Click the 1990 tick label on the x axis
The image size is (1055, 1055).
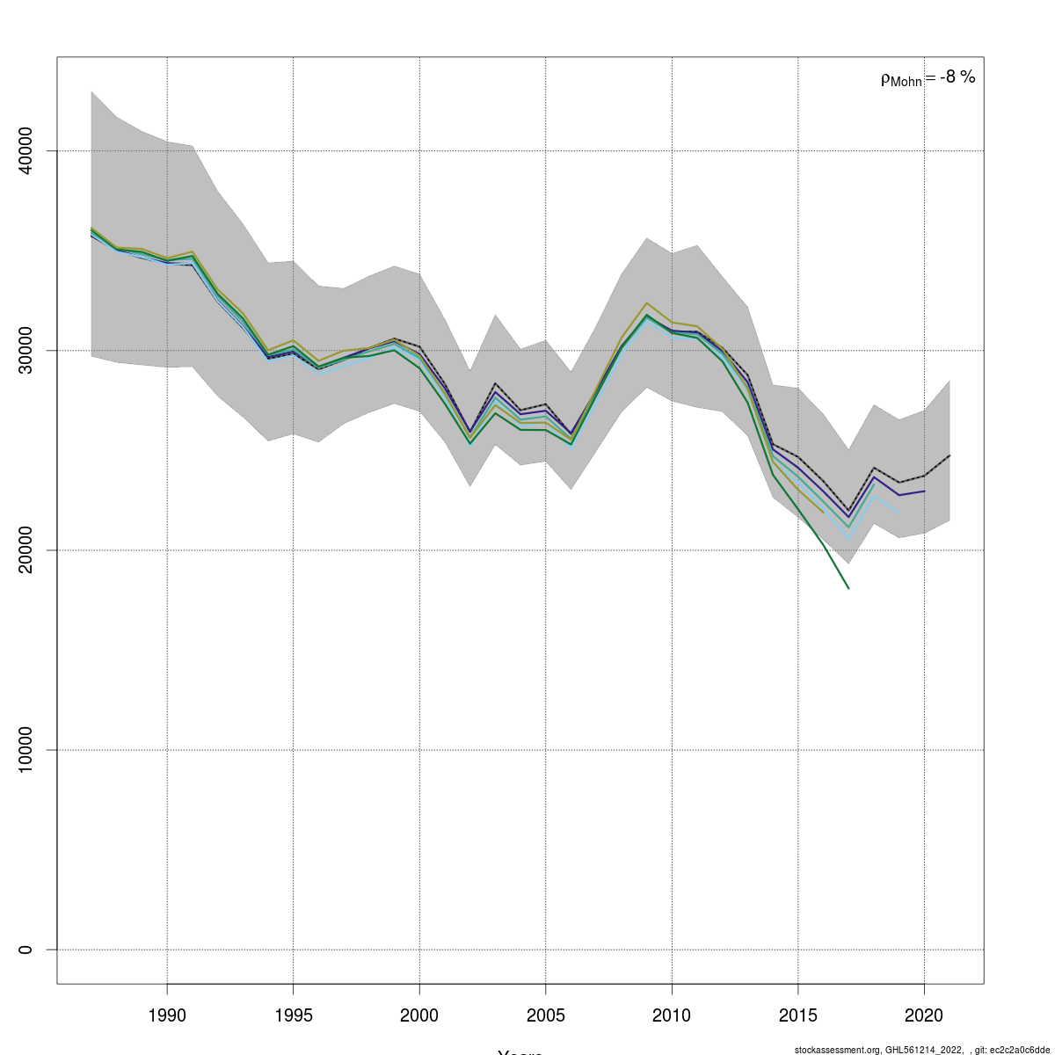167,1015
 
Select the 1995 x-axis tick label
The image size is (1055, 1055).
293,1015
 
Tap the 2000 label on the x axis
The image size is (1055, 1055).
419,1015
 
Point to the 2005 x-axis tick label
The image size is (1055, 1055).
545,1015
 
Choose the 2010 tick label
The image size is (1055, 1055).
672,1015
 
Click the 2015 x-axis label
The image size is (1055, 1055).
797,1015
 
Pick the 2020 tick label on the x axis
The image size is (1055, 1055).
924,1015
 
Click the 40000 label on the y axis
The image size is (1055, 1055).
25,151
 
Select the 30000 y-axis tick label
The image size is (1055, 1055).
25,351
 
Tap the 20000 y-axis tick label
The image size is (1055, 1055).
25,550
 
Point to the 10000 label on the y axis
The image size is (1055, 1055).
25,750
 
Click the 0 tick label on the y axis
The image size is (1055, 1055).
25,949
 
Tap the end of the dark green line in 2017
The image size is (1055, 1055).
848,588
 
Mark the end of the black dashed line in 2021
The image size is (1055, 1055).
949,455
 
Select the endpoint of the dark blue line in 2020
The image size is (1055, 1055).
924,491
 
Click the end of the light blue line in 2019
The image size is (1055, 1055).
899,512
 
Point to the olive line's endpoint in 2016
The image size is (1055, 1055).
823,512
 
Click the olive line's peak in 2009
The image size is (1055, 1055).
646,302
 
